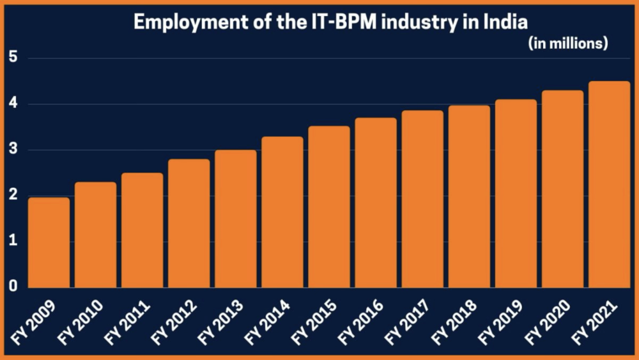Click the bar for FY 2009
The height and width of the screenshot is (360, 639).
pos(49,242)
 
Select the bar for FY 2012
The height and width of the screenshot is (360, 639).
pos(189,223)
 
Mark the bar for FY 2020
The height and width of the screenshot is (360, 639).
pos(562,189)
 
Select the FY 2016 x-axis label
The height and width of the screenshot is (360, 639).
pos(362,320)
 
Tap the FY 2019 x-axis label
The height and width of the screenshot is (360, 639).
pos(502,320)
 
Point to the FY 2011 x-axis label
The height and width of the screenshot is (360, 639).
pos(128,320)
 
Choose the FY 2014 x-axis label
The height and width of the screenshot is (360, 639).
pos(268,320)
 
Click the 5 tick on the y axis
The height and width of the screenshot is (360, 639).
pos(12,58)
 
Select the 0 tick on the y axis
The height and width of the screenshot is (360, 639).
pos(12,287)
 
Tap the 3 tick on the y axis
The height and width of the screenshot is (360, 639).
pos(12,150)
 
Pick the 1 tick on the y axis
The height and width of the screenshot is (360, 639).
pos(12,242)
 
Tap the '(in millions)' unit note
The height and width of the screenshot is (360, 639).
pos(567,43)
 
